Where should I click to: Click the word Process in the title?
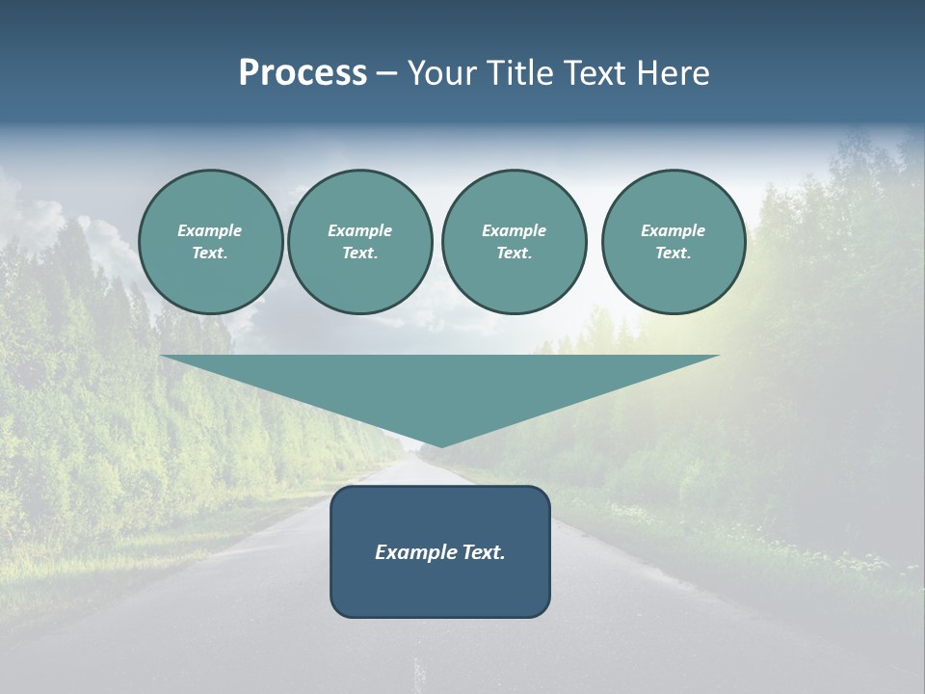pyautogui.click(x=303, y=73)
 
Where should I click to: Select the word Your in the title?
pyautogui.click(x=444, y=73)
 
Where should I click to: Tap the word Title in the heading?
pyautogui.click(x=521, y=73)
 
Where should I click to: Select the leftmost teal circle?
pyautogui.click(x=211, y=242)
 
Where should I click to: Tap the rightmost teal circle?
pyautogui.click(x=674, y=242)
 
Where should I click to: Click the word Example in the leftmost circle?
pyautogui.click(x=209, y=230)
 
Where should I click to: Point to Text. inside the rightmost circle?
pyautogui.click(x=673, y=254)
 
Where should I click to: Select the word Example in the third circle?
pyautogui.click(x=514, y=230)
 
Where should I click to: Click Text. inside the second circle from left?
pyautogui.click(x=359, y=254)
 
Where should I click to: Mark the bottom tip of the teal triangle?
pyautogui.click(x=440, y=444)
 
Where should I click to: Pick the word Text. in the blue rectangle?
pyautogui.click(x=482, y=552)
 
